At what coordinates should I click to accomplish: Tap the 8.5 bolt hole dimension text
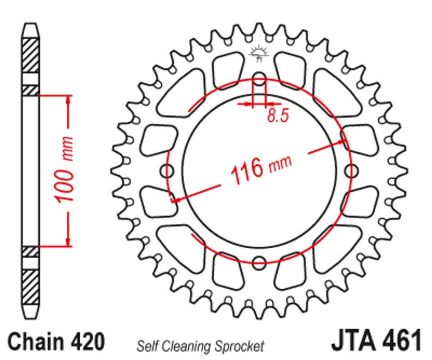pos(278,115)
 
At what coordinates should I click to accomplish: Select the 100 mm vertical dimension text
pos(64,170)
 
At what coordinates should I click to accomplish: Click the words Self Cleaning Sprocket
pos(200,346)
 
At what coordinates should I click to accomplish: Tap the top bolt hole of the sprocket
pos(259,78)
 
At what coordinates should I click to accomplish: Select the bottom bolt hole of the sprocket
pos(259,262)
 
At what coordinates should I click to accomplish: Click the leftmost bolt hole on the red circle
pos(167,171)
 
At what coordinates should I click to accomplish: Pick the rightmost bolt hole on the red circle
pos(351,171)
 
